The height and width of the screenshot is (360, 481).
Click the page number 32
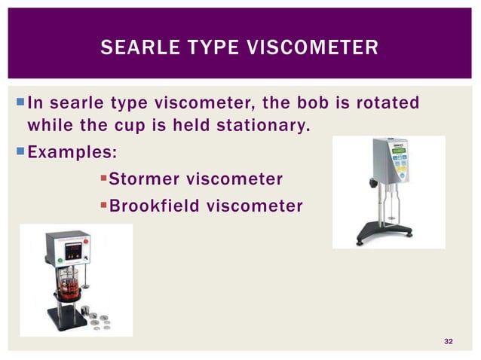point(449,343)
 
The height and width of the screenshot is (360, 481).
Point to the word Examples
point(72,151)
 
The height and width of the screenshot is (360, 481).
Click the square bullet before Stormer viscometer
point(104,179)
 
